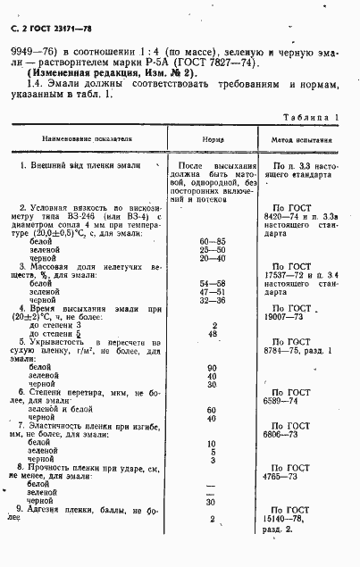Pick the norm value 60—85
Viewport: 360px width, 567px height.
click(x=213, y=242)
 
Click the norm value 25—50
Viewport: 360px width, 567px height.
click(x=213, y=251)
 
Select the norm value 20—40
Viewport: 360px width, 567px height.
click(x=213, y=259)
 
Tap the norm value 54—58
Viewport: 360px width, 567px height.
click(x=213, y=284)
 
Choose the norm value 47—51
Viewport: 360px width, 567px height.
click(x=213, y=292)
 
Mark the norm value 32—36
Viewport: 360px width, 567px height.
click(x=213, y=301)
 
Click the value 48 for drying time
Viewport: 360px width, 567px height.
click(x=213, y=334)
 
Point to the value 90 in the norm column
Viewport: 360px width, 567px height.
click(x=213, y=367)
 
